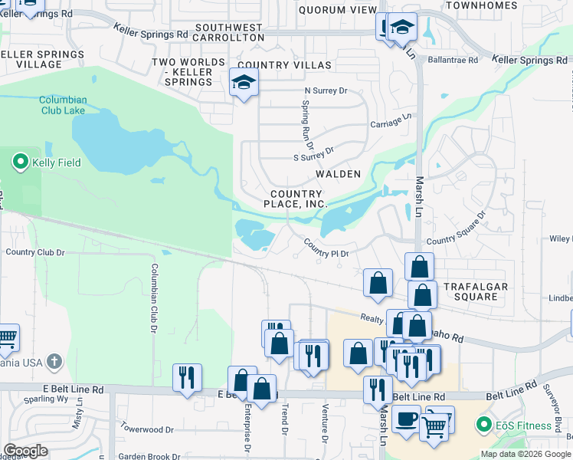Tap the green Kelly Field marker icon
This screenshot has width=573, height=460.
coord(19,163)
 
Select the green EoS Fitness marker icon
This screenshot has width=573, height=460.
coord(483,425)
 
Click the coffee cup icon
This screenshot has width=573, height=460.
coord(406,420)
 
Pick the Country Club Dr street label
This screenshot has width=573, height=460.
coord(35,251)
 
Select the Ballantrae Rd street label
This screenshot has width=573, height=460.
coord(453,59)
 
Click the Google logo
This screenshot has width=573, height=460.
coord(26,451)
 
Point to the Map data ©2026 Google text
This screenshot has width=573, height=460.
coord(525,454)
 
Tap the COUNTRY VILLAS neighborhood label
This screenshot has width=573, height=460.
coord(284,66)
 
